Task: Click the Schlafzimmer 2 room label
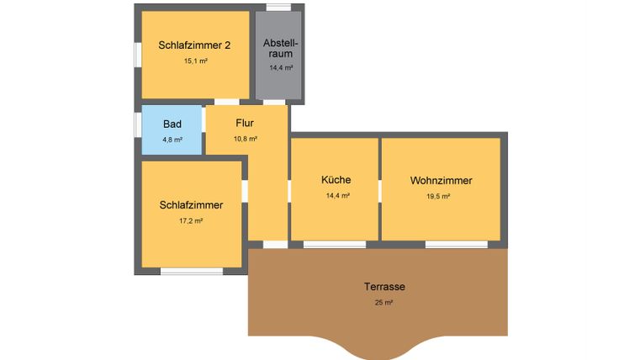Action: click(194, 45)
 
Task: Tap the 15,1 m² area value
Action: click(195, 61)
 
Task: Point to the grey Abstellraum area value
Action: click(281, 68)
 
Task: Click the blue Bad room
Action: click(172, 130)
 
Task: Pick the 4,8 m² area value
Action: click(172, 140)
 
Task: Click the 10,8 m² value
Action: click(245, 139)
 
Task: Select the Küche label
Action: click(336, 180)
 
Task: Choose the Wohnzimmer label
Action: click(441, 181)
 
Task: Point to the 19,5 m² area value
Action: click(438, 196)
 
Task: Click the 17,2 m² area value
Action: click(191, 221)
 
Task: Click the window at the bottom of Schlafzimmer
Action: click(192, 271)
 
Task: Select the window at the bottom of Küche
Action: click(335, 245)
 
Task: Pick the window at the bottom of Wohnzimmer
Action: click(456, 245)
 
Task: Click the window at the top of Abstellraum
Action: click(279, 8)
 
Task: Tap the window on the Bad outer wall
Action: click(138, 124)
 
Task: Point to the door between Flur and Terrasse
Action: click(274, 245)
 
